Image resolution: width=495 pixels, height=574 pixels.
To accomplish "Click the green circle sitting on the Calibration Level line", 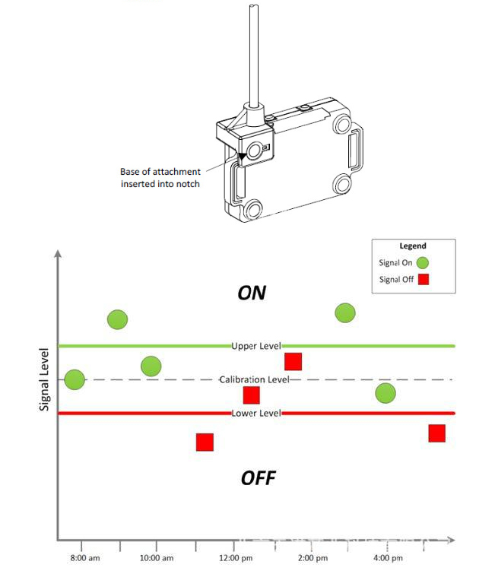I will (75, 379).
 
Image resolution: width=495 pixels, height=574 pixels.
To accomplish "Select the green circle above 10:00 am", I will (151, 366).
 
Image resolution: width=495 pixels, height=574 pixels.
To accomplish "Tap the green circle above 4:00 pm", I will (386, 392).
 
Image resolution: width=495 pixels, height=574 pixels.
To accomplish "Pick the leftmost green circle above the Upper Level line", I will (117, 319).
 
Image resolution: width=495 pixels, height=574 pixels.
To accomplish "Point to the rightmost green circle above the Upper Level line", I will (345, 312).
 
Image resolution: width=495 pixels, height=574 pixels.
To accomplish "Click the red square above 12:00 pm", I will (252, 395).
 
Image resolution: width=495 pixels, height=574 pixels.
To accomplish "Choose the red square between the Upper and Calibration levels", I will (294, 361).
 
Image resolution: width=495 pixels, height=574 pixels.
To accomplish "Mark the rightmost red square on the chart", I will (436, 433).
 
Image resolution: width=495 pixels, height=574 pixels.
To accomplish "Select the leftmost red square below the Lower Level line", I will (205, 442).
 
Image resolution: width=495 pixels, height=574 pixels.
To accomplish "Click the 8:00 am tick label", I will (84, 558).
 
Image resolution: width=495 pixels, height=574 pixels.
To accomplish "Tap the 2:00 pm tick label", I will (312, 558).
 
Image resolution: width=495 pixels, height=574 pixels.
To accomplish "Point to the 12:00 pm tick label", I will (236, 558).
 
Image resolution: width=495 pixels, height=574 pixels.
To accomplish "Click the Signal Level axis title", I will (45, 380).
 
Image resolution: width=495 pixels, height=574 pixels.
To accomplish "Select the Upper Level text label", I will (256, 346).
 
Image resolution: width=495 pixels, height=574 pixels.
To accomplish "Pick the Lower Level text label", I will (256, 413).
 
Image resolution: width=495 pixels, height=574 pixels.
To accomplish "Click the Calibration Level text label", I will (254, 379).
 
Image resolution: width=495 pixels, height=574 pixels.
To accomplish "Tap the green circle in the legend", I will (423, 262).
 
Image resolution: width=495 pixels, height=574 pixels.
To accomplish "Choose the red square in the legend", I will (425, 279).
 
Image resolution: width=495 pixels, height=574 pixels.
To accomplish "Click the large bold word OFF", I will (258, 478).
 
